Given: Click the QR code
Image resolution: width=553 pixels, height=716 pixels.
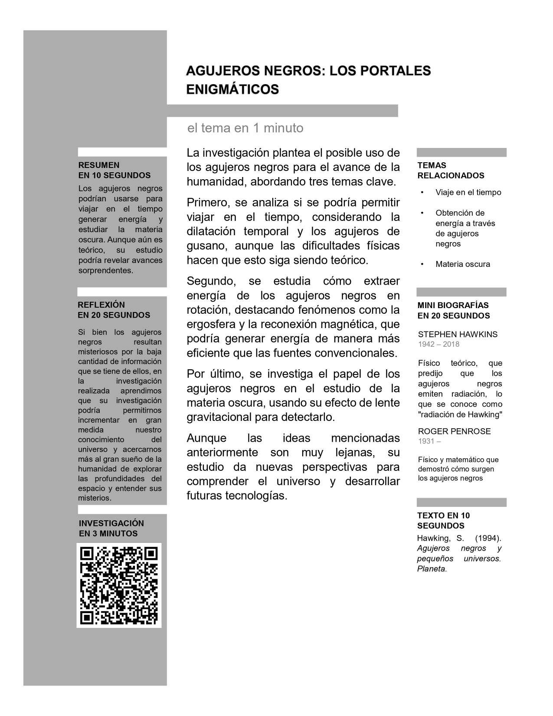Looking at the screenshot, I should pos(119,585).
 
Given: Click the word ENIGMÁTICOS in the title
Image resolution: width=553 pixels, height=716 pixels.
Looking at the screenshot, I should pos(232,89).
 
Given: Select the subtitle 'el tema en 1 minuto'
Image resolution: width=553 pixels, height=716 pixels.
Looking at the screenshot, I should pos(245,128).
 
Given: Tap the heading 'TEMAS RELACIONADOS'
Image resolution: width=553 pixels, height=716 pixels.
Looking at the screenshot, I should pos(451,171).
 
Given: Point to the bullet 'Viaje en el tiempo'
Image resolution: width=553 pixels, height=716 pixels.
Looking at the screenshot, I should pos(468,192).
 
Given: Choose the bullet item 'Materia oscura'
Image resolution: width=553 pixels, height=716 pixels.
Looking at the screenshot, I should pos(462,264).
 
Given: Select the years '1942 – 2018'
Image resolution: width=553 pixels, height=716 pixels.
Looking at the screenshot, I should pos(438,344).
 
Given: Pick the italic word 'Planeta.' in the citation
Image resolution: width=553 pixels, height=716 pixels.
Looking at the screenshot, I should pos(432,569).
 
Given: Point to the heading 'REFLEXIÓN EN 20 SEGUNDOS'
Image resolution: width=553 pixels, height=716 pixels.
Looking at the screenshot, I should pos(114,310).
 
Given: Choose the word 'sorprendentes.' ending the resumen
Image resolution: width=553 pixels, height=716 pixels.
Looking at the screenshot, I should pos(105,270).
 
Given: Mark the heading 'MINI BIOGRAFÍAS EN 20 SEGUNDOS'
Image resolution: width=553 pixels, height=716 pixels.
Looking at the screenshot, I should pos(453,310).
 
